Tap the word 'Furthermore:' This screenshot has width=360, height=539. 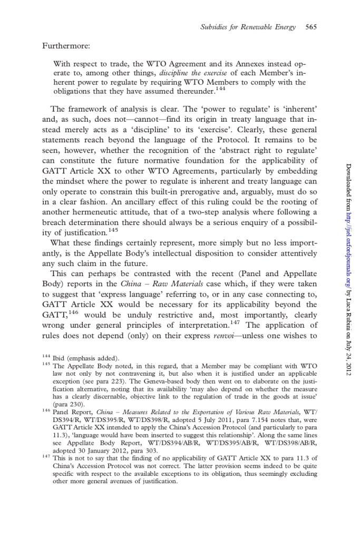[x=63, y=46]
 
